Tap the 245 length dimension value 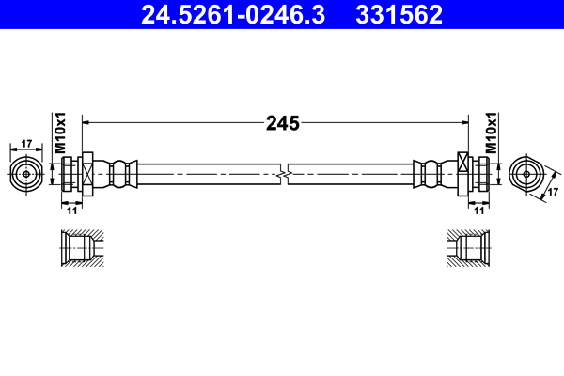pyautogui.click(x=281, y=122)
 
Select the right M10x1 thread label pyautogui.click(x=491, y=133)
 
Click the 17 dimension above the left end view pyautogui.click(x=25, y=144)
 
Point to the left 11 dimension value pyautogui.click(x=70, y=211)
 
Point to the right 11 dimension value pyautogui.click(x=479, y=211)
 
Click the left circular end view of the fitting pyautogui.click(x=26, y=174)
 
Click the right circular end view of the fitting pyautogui.click(x=525, y=174)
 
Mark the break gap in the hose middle pyautogui.click(x=283, y=174)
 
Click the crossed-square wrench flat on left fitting pyautogui.click(x=86, y=174)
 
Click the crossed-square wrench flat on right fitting pyautogui.click(x=463, y=174)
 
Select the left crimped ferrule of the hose pyautogui.click(x=121, y=174)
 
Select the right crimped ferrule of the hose pyautogui.click(x=430, y=174)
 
